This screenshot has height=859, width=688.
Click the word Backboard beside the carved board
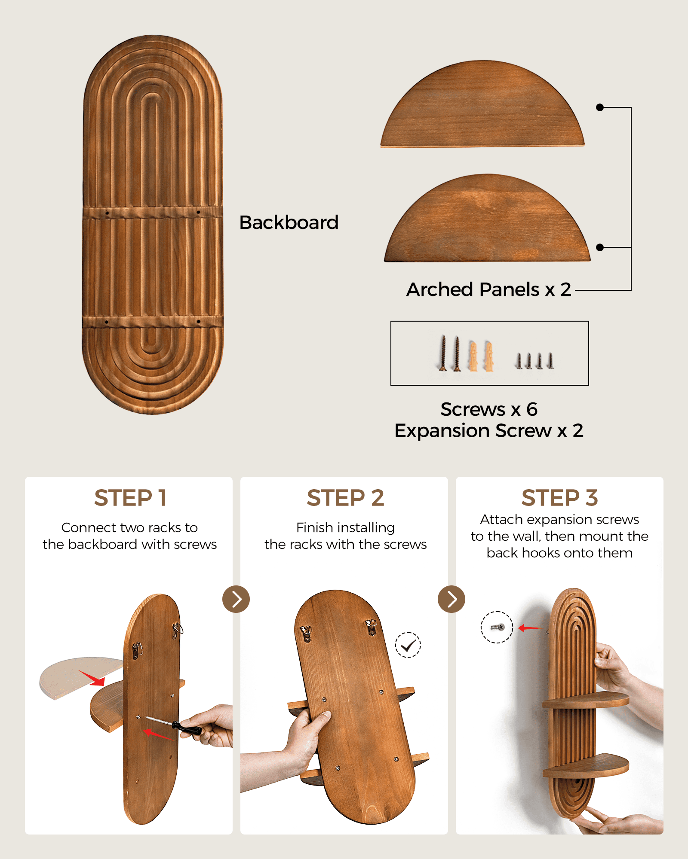(289, 222)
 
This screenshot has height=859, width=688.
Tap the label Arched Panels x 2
(489, 289)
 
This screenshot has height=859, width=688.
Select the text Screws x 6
(489, 409)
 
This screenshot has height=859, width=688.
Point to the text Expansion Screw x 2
(489, 431)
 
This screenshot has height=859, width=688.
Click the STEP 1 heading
(130, 498)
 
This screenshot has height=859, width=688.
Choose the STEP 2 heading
(345, 498)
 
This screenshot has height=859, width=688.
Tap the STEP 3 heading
(559, 498)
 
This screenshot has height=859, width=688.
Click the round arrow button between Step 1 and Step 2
(236, 599)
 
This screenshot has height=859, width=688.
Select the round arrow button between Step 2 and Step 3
(451, 599)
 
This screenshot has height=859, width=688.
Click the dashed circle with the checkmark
(408, 645)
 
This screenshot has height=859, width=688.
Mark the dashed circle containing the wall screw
(497, 627)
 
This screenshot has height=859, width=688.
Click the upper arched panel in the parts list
(482, 104)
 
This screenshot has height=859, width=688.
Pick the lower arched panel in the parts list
(487, 218)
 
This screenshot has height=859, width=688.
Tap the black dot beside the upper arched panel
(600, 107)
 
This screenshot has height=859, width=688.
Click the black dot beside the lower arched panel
(600, 247)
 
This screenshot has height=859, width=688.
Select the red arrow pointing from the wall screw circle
(531, 628)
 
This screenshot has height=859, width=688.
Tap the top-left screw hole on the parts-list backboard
(107, 213)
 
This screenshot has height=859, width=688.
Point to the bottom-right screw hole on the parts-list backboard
(198, 321)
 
